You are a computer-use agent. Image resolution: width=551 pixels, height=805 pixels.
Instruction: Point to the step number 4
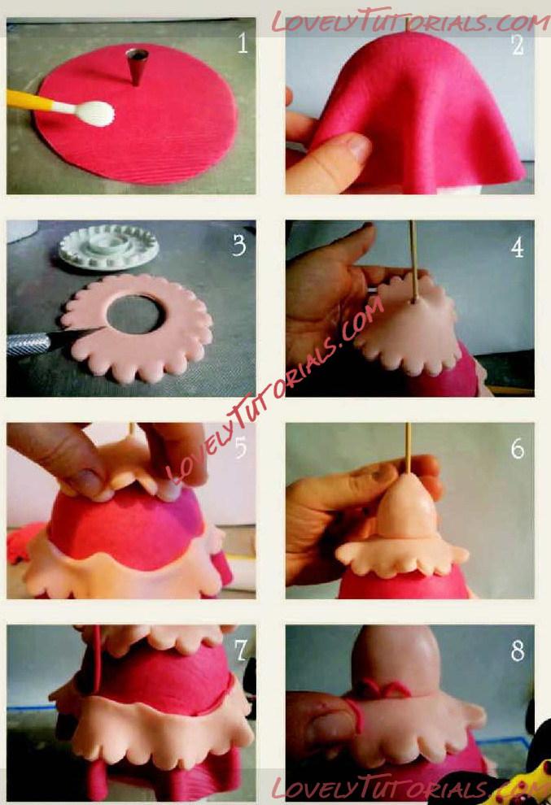pyautogui.click(x=518, y=247)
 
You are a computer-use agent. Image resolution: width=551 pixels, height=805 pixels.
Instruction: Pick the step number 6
pyautogui.click(x=518, y=449)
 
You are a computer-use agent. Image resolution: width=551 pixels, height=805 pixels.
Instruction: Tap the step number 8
pyautogui.click(x=518, y=651)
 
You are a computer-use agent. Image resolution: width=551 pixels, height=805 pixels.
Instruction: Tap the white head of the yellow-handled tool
pyautogui.click(x=94, y=113)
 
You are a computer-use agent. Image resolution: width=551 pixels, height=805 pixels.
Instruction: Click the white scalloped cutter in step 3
pyautogui.click(x=109, y=247)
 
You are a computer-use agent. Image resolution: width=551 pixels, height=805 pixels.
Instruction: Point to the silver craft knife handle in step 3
pyautogui.click(x=28, y=343)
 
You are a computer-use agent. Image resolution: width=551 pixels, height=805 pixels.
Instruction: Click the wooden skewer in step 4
pyautogui.click(x=413, y=261)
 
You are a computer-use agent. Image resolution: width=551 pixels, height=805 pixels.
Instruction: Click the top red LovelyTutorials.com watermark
pyautogui.click(x=410, y=22)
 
